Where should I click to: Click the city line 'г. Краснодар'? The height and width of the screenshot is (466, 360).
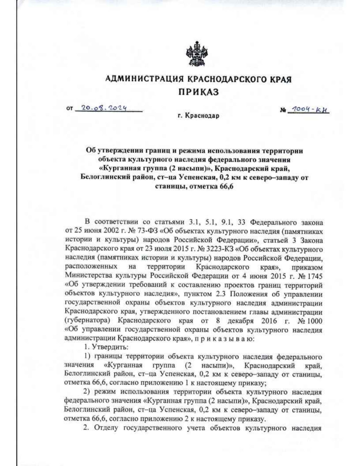coord(198,116)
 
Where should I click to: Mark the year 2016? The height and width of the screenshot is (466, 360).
coord(269,320)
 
